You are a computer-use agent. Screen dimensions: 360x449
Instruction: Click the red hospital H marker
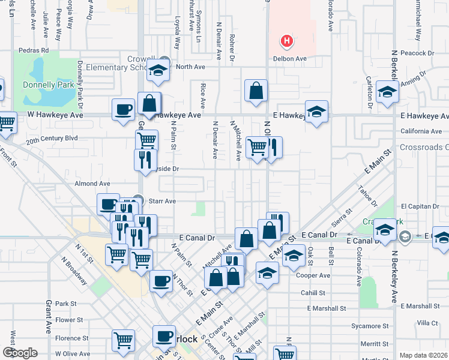288,41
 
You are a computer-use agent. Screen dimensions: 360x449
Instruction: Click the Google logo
20,352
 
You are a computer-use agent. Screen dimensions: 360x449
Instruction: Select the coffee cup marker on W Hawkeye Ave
124,109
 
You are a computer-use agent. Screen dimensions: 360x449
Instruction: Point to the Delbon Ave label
290,59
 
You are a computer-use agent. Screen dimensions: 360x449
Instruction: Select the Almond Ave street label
92,184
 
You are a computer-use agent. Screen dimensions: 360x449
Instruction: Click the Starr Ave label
162,201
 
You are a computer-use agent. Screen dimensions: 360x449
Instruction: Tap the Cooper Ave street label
313,275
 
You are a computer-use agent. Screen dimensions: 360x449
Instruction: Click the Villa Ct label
427,323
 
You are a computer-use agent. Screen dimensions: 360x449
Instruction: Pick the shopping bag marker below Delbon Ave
256,92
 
